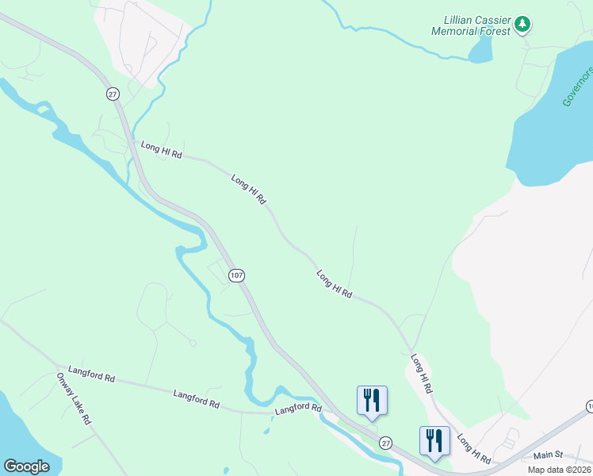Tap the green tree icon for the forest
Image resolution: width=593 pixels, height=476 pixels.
coord(522,25)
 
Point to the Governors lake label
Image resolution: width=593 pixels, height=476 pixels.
coord(577,86)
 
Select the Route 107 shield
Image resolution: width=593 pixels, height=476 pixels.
coord(235,275)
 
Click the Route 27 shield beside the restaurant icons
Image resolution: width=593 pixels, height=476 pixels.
coord(385,442)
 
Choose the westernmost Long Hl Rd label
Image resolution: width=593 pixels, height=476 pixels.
coord(162,150)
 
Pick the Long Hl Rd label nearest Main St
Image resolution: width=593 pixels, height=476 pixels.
coord(474,449)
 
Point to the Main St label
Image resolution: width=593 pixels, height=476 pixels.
coord(548,455)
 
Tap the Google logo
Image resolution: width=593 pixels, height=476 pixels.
coord(26,466)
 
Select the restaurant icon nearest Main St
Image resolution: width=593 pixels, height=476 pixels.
coord(434,441)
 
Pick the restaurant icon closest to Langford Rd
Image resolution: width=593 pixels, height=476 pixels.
coord(372,401)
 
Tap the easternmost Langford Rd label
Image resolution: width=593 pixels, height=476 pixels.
coord(298,410)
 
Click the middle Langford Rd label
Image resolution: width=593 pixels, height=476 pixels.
coord(196,398)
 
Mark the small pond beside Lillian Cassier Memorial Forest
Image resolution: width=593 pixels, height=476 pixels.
coord(480,50)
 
